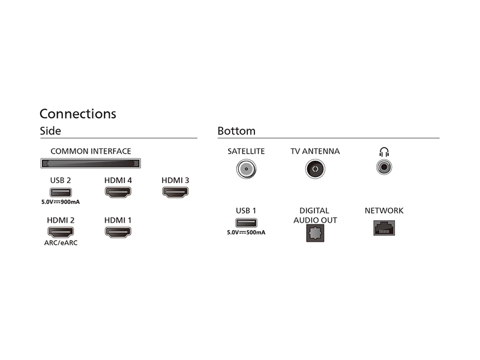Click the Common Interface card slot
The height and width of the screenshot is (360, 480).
(x=91, y=163)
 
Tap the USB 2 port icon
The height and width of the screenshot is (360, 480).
(x=61, y=193)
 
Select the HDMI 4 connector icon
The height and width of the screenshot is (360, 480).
(x=118, y=192)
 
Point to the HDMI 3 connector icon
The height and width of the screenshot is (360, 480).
(x=175, y=192)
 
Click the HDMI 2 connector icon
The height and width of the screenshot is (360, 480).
(x=61, y=232)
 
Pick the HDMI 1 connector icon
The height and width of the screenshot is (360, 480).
(x=118, y=232)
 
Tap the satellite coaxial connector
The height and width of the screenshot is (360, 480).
(x=246, y=169)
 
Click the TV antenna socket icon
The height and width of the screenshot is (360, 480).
(x=315, y=169)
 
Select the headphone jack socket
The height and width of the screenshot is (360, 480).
(x=384, y=167)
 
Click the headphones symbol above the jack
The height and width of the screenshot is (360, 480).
(x=384, y=152)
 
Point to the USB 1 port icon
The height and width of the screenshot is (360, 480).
(x=246, y=223)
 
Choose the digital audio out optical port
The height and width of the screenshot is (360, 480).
(x=315, y=233)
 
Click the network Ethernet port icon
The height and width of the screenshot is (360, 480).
(x=384, y=228)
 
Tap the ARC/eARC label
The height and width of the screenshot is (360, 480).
(x=61, y=243)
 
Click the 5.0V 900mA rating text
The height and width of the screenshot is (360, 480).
(x=61, y=202)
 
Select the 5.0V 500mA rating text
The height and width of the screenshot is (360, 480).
(x=246, y=232)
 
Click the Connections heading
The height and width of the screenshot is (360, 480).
(x=78, y=113)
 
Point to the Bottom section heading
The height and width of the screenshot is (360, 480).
(x=236, y=131)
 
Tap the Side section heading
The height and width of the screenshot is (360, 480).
(x=50, y=131)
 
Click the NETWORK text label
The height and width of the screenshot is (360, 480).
(x=384, y=211)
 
